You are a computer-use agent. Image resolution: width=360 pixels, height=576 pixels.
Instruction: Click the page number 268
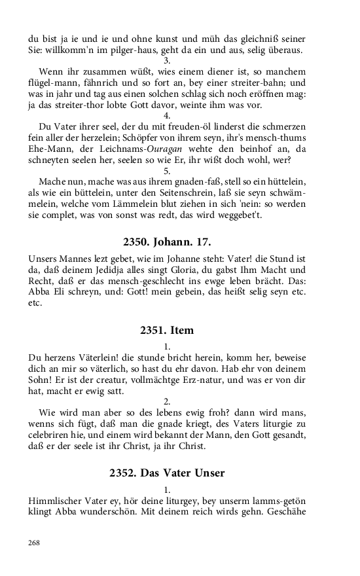pos(34,543)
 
